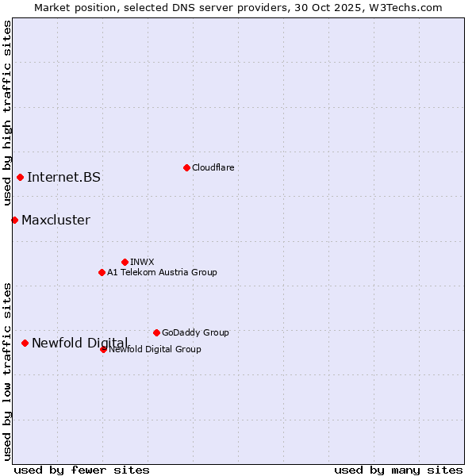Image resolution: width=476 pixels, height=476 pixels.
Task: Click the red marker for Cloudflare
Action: point(186,167)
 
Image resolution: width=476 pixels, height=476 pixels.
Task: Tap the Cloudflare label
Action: point(213,167)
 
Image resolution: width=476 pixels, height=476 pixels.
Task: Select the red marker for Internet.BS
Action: point(20,177)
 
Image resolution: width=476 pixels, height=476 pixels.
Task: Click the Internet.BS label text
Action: point(63,177)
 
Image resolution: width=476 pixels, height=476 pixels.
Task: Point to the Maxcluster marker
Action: point(14,220)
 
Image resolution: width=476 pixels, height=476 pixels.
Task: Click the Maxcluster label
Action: point(56,220)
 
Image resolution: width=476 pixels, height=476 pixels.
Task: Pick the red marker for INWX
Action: point(125,262)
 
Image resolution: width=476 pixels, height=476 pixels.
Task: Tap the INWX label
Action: point(142,262)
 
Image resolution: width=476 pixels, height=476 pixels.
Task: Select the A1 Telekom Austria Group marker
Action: point(102,272)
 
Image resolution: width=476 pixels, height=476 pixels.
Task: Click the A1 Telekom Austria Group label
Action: point(162,272)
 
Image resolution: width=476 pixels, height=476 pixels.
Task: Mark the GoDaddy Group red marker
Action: point(156,332)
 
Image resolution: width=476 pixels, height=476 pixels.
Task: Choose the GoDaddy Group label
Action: point(194,332)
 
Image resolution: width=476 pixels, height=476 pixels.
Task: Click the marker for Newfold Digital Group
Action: point(103,349)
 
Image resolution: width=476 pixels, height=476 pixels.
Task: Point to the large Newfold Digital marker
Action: point(25,343)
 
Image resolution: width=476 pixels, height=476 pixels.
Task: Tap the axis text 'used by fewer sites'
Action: point(82,470)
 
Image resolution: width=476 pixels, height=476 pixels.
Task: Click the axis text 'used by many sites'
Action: point(398,470)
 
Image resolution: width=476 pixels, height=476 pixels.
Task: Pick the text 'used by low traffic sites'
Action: point(8,370)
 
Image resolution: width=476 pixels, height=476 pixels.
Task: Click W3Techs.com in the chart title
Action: point(403,7)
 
